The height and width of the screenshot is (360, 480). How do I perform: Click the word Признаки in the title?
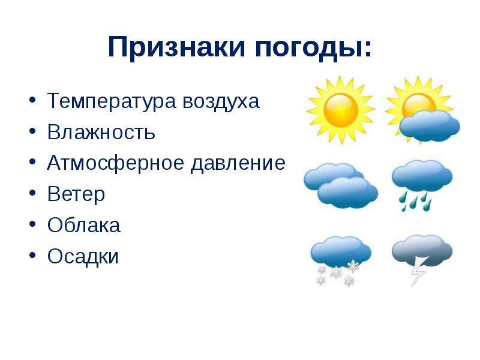[176, 47]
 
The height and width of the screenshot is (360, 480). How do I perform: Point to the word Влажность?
[101, 132]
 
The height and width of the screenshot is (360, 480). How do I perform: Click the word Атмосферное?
[116, 163]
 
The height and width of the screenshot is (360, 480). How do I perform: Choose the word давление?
[238, 163]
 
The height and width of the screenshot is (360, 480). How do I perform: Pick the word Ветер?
[76, 194]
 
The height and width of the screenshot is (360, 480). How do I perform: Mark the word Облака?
[83, 224]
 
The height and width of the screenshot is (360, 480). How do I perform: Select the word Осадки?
[83, 257]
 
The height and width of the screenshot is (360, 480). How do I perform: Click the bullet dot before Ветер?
[33, 193]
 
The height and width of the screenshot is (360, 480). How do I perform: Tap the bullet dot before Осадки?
[33, 254]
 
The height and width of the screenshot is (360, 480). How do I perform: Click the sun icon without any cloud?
[341, 110]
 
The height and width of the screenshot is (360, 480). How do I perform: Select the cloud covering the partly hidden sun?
[430, 126]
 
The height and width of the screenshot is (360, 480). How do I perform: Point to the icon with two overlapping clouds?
[341, 185]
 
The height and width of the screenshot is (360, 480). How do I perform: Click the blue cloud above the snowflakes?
[341, 251]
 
